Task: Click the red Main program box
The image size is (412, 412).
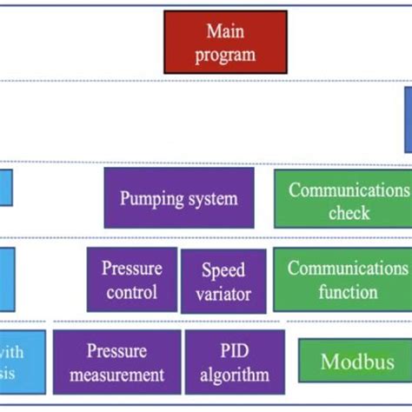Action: coord(225,42)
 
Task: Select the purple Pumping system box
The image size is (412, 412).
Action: coord(179,198)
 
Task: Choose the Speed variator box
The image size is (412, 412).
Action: coord(223,282)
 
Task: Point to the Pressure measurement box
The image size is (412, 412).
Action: coord(117,362)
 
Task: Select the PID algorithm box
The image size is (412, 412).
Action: coord(235,362)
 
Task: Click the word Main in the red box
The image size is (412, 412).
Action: coord(226,32)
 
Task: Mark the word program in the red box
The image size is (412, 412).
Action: coord(226,54)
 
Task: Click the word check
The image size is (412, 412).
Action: coord(349,213)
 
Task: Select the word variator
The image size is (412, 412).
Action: coord(223,294)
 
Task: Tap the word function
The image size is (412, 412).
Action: coord(348,292)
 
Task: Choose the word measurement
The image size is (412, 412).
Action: coord(117,375)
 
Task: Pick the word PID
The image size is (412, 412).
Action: coord(235,351)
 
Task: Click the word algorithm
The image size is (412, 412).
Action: coord(235,375)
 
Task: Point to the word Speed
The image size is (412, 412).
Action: coord(223,270)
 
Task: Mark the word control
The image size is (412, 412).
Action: coord(132,292)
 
